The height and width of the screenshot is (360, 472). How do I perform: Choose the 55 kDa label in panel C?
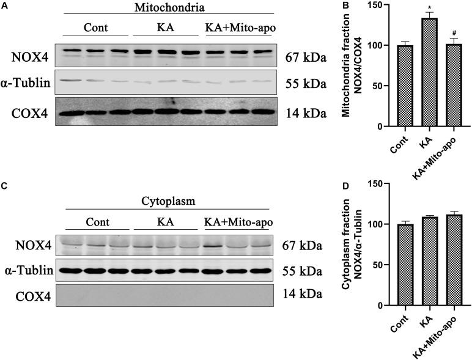(306, 270)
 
